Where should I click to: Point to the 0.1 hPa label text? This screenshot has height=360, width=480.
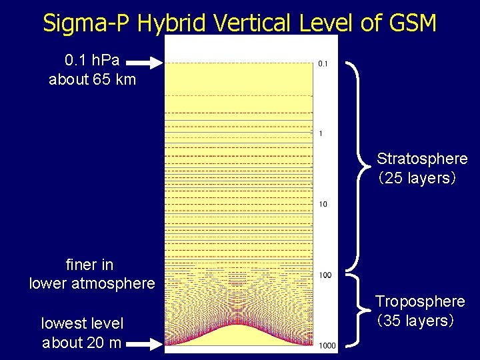click(92, 60)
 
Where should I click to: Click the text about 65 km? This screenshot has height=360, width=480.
click(92, 80)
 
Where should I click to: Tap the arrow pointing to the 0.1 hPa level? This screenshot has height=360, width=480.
click(144, 63)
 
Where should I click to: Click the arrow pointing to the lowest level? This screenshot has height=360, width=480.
click(144, 344)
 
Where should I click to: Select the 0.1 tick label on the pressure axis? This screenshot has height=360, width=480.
click(323, 64)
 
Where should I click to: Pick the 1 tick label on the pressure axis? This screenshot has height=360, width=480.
click(321, 134)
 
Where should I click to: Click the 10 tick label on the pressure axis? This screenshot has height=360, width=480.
click(323, 204)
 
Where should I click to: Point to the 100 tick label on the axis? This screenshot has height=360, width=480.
click(325, 275)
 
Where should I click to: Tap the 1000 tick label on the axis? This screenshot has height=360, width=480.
click(327, 345)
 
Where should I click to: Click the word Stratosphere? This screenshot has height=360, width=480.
click(421, 159)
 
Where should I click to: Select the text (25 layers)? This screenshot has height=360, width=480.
click(416, 178)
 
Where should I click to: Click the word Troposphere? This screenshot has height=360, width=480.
click(419, 301)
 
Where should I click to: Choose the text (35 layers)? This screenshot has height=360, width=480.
click(415, 321)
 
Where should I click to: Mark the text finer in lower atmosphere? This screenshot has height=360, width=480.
click(92, 274)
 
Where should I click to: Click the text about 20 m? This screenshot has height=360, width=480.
click(82, 343)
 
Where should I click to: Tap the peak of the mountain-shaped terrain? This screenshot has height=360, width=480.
click(239, 325)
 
